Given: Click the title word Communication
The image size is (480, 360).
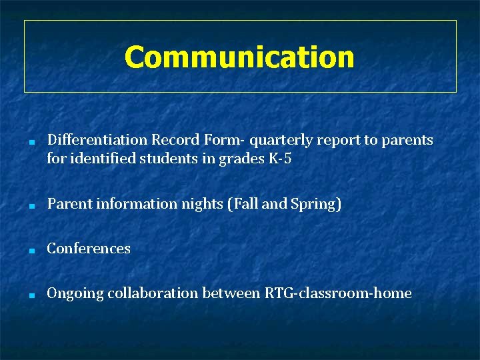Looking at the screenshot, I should [239, 57].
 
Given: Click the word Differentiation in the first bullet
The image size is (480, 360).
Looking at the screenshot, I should [97, 140].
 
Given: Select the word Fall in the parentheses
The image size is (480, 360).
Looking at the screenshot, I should [245, 204].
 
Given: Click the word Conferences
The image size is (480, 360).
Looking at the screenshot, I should [89, 249].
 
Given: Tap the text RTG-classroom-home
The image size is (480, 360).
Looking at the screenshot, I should [338, 293].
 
